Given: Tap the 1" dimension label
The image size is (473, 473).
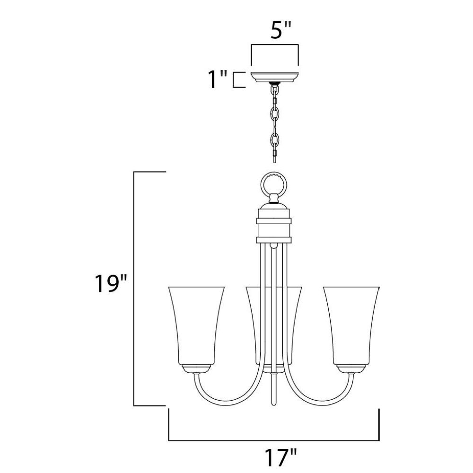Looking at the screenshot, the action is [x=218, y=79].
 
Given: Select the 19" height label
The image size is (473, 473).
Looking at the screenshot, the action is [x=110, y=283].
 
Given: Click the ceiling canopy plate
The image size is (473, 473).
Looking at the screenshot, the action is [x=274, y=77].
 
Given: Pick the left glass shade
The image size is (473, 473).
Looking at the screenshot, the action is [x=196, y=326].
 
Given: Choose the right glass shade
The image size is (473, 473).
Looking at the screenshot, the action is [x=351, y=326].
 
